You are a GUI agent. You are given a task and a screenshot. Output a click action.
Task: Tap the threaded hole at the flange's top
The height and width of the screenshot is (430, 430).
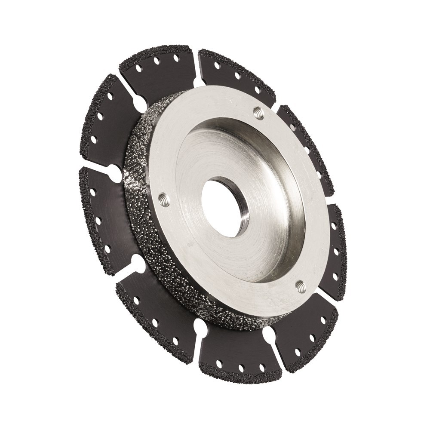[258, 113]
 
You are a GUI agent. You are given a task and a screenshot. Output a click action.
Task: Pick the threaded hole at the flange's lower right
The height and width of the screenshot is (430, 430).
[301, 286]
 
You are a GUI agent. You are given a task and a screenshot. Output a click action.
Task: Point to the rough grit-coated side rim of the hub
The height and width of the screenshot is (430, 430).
[142, 224]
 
